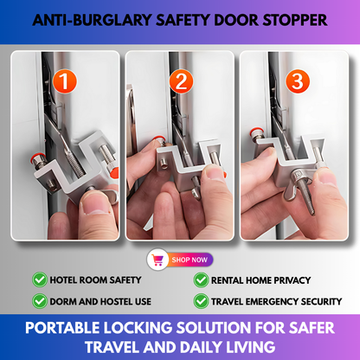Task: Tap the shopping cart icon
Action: pos(158,259)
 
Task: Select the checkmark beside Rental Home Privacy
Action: pos(201,280)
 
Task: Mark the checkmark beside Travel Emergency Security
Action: pos(201,301)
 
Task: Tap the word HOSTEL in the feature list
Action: pos(108,302)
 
